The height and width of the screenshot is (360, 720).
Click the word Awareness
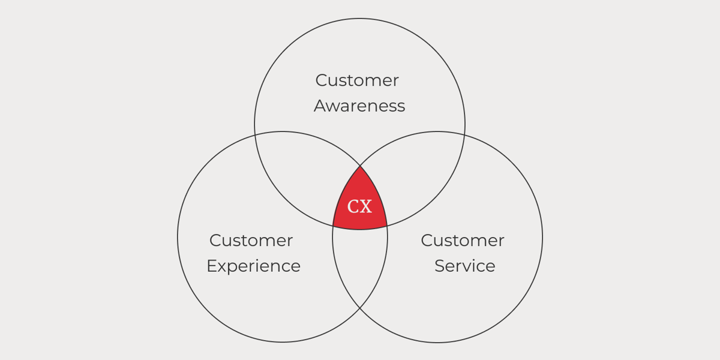click(359, 106)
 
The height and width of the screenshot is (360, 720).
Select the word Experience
click(254, 266)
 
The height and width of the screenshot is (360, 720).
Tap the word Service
click(465, 266)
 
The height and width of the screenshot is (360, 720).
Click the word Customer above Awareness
click(357, 80)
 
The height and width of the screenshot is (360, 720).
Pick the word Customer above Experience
click(251, 241)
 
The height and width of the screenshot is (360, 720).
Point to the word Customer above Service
click(463, 241)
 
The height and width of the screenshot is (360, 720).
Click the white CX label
click(359, 206)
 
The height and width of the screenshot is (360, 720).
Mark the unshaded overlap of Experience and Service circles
click(360, 263)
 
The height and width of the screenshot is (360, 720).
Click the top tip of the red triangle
click(360, 166)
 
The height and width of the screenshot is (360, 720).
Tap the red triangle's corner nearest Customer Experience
click(333, 226)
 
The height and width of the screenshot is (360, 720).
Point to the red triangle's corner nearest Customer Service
click(387, 226)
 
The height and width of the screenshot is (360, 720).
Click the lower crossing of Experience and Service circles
click(360, 308)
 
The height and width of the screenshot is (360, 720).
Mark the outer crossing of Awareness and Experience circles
click(255, 136)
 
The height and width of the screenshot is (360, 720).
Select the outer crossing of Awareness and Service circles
click(464, 136)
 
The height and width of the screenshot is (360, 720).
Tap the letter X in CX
click(366, 206)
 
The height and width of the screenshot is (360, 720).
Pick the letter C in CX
click(353, 206)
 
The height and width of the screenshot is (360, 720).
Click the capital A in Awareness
click(321, 106)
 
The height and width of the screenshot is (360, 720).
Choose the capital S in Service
click(440, 266)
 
